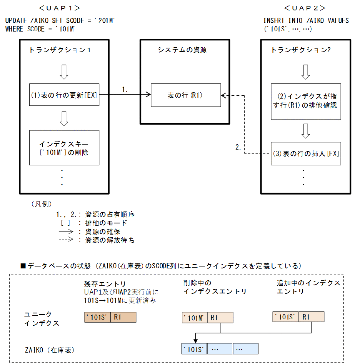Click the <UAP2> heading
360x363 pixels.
coord(304,8)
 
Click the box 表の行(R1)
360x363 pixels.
coord(185,95)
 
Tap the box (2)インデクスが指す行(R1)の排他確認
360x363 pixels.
coord(305,100)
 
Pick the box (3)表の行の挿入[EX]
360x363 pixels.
coord(305,153)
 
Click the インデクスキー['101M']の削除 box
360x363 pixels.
coord(64,148)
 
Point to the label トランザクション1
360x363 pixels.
coord(60,50)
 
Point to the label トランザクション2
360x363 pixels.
coord(301,50)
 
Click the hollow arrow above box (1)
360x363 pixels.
coord(64,72)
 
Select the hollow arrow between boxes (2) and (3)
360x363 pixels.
coord(305,130)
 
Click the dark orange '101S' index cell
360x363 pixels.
coord(97,317)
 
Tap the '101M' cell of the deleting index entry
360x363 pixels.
coord(195,318)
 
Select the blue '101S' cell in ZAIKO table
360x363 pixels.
coord(195,349)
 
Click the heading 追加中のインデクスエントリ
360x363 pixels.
coord(308,287)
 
